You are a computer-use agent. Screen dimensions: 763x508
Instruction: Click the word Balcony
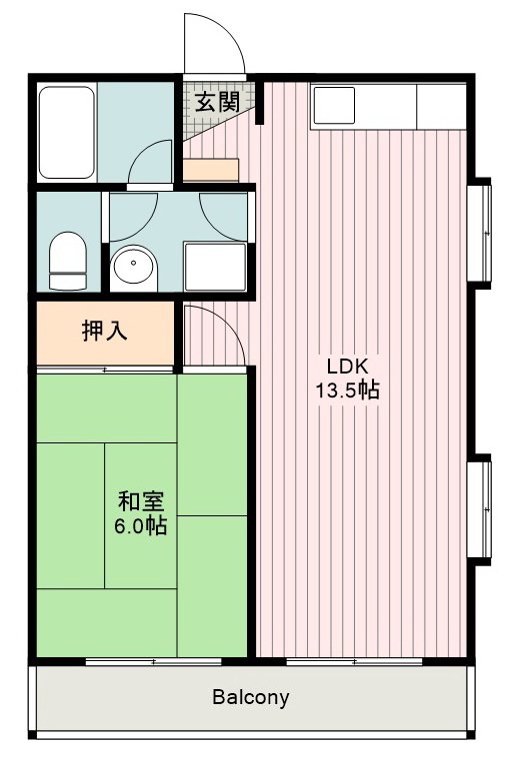pyautogui.click(x=250, y=697)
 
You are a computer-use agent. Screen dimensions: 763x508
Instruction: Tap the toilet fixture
pyautogui.click(x=67, y=259)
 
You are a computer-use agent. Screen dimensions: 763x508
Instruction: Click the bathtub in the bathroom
pyautogui.click(x=67, y=131)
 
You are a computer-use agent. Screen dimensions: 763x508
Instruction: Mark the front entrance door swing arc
pyautogui.click(x=213, y=46)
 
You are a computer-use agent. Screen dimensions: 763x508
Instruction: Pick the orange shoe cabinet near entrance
pyautogui.click(x=211, y=169)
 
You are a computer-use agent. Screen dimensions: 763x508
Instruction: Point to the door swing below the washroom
pyautogui.click(x=213, y=335)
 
